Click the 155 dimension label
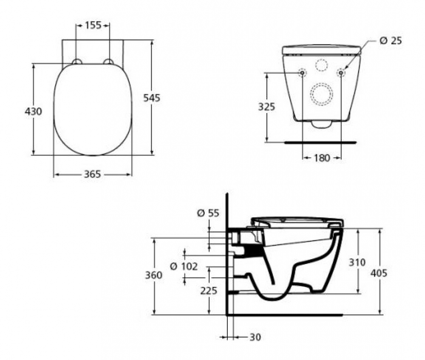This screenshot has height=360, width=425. tap(93, 25)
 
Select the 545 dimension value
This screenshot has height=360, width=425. tap(152, 98)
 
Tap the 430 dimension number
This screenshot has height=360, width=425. tap(33, 111)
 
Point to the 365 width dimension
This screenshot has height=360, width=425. tap(92, 174)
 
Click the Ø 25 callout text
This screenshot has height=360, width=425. tap(391, 41)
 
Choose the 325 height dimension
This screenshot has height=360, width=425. tap(266, 107)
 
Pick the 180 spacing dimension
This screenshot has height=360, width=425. tap(322, 158)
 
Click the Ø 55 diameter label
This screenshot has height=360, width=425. tap(208, 213)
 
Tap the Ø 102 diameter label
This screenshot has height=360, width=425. tap(184, 266)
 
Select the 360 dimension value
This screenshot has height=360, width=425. tap(154, 275)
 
